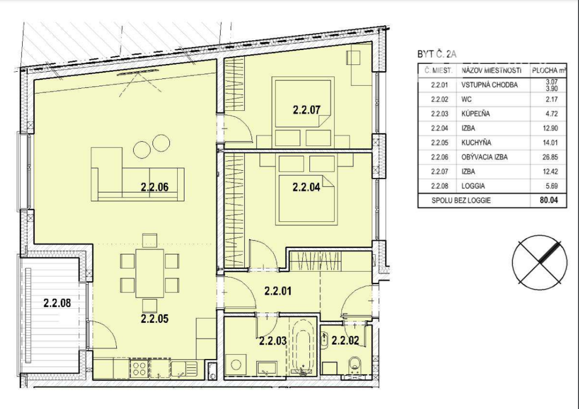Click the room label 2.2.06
[x=154, y=187]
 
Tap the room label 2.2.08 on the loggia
[x=57, y=303]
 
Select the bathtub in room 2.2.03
[x=303, y=347]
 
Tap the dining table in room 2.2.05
[x=150, y=273]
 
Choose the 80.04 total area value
[x=549, y=201]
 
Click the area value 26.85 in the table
[x=550, y=157]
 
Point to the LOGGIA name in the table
[x=474, y=186]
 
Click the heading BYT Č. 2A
[x=437, y=54]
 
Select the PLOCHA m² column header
[x=549, y=71]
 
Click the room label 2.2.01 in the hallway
[x=278, y=291]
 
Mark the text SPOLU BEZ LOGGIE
[x=461, y=201]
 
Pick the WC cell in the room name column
[x=466, y=100]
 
